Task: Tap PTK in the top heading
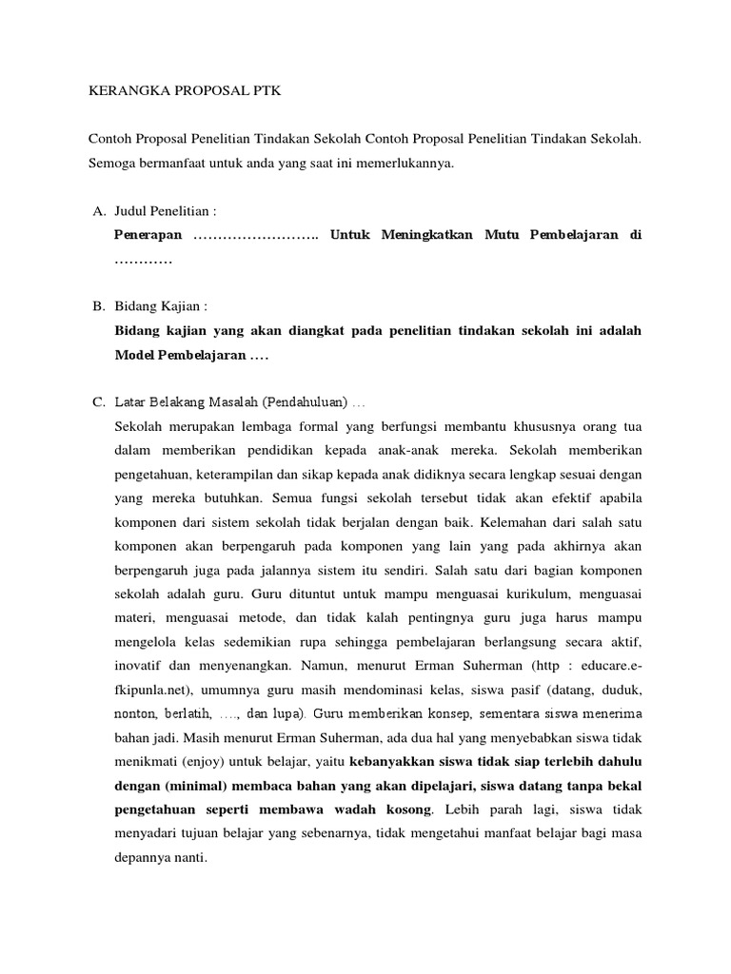point(267,91)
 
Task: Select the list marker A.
point(99,210)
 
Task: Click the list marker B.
point(98,306)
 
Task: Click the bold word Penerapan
point(148,234)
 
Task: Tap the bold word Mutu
point(505,234)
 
